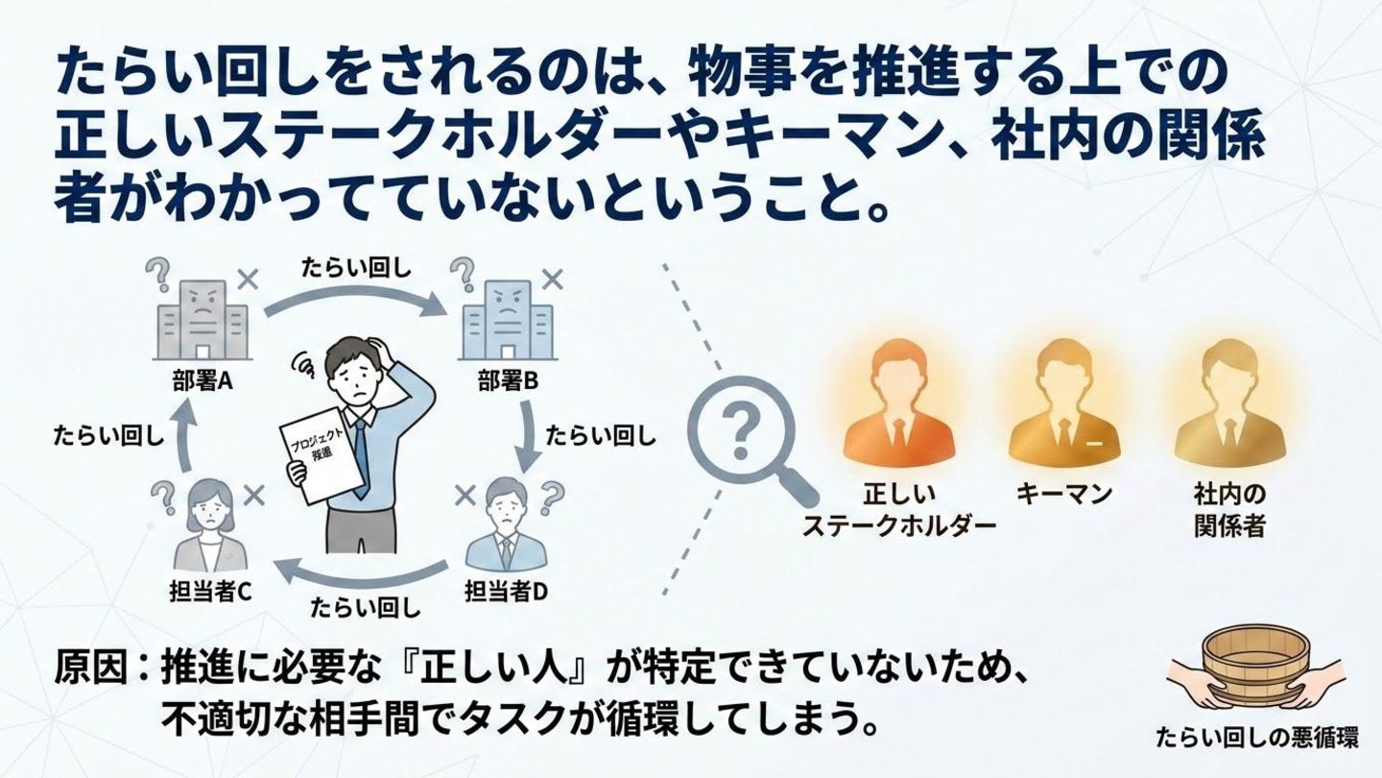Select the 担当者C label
point(209,590)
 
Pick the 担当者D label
point(506,590)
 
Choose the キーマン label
point(1063,494)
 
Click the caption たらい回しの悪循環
point(1256,738)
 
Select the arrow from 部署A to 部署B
point(355,297)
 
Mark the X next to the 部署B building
point(553,280)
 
